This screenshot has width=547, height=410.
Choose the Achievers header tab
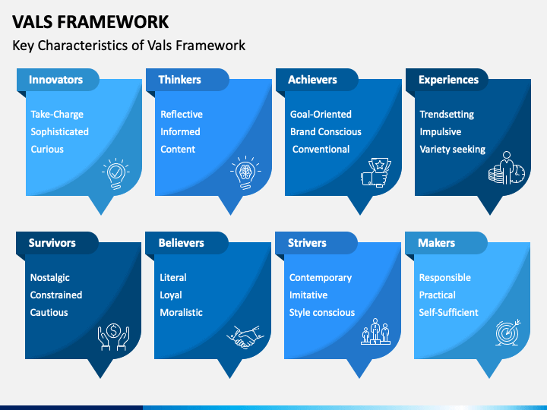coord(312,80)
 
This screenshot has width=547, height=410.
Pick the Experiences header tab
coord(448,80)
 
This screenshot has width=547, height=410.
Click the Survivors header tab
coord(52,243)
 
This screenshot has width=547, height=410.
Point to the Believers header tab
coord(182,243)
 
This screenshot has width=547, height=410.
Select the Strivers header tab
coord(307,243)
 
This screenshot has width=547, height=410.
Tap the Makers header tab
coord(437,243)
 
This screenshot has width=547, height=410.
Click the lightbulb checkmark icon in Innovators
coord(115,173)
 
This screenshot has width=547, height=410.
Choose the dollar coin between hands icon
coord(115,336)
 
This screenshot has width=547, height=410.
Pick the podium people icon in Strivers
coord(375,335)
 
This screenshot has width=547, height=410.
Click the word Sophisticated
coord(59,132)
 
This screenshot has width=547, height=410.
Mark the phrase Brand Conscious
coord(326,132)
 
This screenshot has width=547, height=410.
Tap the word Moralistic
coord(181,313)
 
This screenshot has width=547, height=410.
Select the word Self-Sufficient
coord(449,313)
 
